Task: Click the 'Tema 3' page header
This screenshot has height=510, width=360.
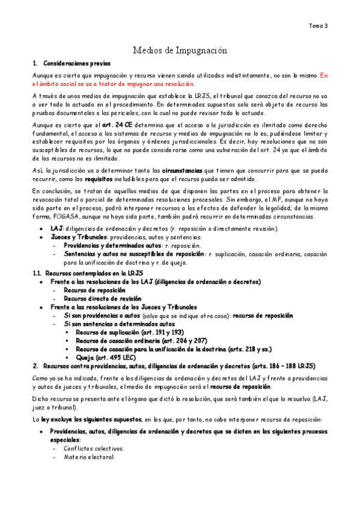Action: [318, 26]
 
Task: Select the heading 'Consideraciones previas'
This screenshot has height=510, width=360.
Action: [76, 63]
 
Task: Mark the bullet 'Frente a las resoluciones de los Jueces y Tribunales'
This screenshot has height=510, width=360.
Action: [126, 307]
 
